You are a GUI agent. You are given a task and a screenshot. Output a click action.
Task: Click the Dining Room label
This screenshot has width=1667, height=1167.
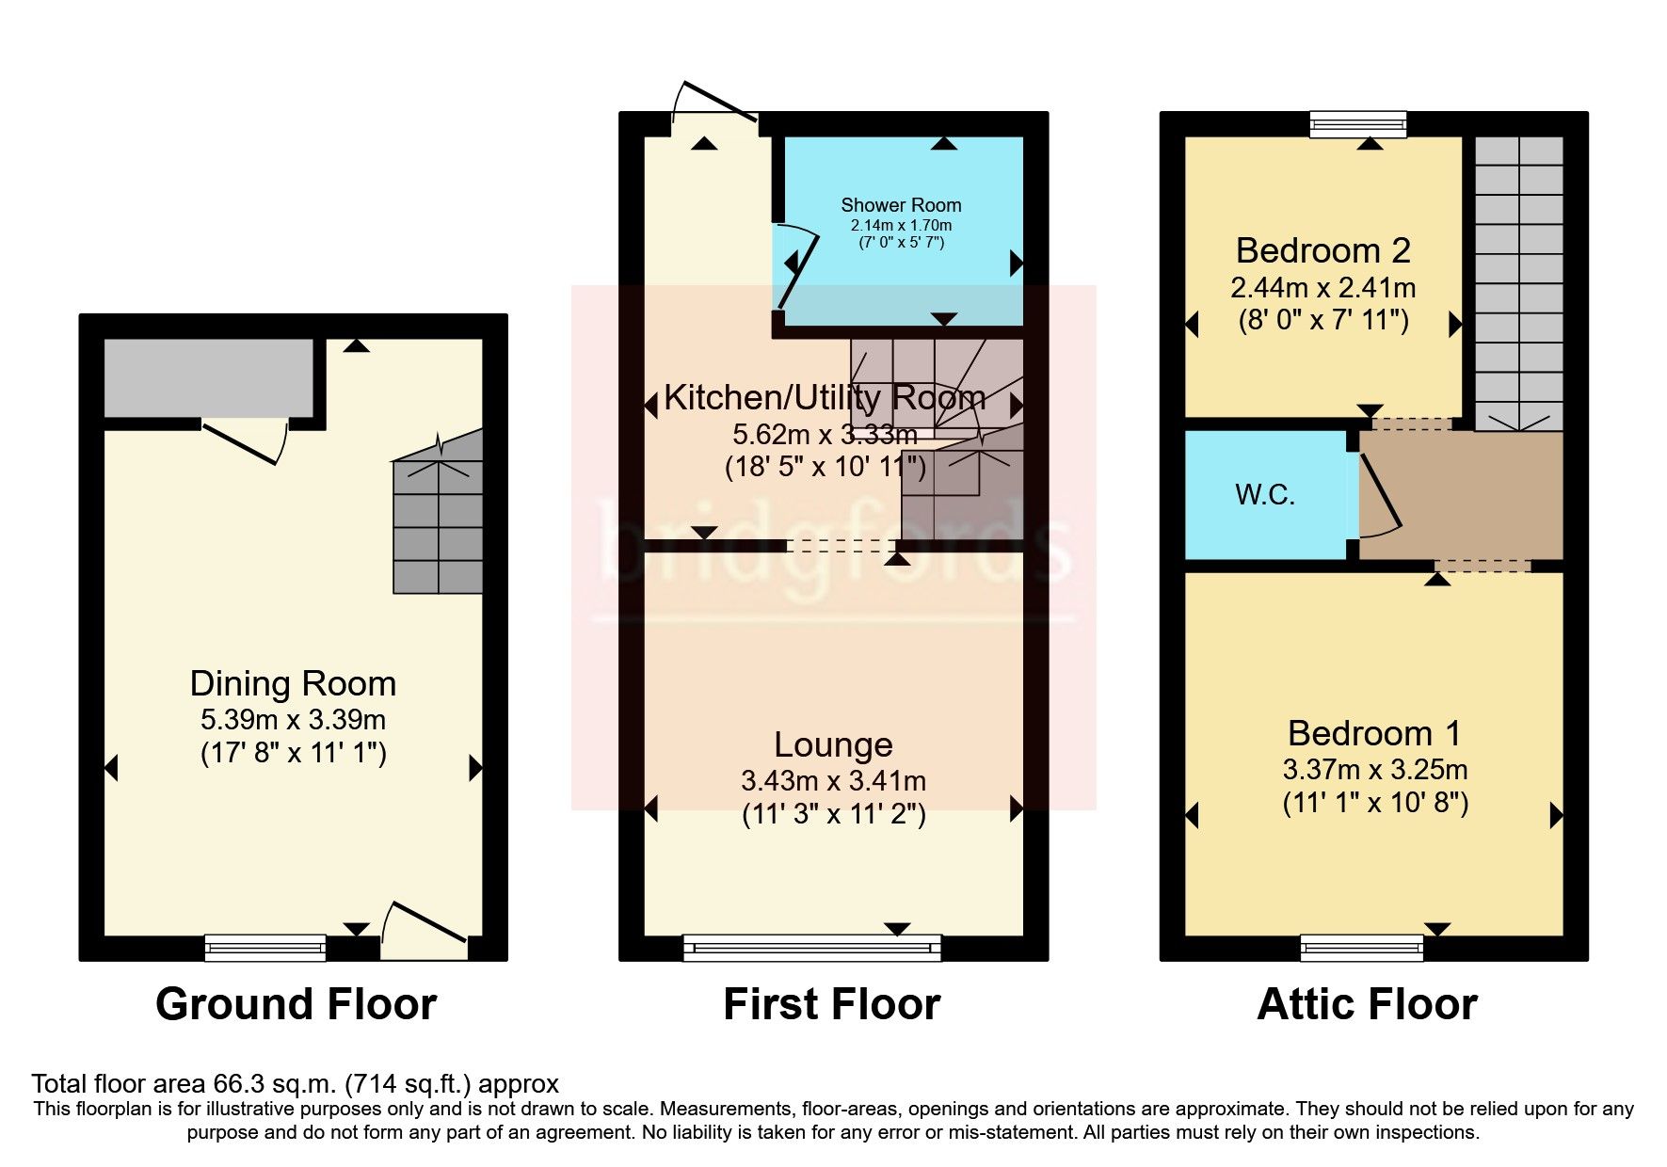coord(293,683)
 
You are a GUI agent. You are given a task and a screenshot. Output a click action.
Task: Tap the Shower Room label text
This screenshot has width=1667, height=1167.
coord(901,205)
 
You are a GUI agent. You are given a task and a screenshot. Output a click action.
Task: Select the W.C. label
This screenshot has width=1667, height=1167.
coord(1264,495)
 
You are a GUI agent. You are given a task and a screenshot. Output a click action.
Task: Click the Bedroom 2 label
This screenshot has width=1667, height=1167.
coord(1322,250)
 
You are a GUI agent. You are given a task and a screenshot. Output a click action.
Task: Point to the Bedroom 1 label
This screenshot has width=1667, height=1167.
coord(1373,733)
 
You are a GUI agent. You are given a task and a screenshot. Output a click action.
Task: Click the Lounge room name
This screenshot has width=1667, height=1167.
coord(833,744)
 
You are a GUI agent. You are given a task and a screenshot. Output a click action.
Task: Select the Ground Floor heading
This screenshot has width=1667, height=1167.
coord(296,1004)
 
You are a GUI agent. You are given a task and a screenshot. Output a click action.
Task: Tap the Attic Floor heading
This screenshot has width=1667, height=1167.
coord(1367,1004)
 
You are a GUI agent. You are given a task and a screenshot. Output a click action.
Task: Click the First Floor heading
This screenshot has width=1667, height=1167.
coord(831,1004)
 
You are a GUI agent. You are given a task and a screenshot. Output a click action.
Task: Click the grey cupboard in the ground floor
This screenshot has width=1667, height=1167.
coord(208,377)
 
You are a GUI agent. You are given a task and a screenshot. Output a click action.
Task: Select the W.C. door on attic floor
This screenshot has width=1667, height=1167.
coord(1378,499)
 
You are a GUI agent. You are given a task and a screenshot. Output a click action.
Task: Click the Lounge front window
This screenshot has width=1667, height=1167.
coord(811,948)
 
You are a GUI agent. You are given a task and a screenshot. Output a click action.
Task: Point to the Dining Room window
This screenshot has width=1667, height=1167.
coord(265,948)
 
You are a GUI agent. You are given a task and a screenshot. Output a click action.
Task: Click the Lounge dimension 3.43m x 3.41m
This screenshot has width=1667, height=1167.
coord(833,781)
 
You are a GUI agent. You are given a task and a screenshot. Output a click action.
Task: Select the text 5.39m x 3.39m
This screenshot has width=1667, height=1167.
coord(293,720)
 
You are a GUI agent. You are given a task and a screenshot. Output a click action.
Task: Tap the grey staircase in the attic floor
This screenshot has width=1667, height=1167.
coord(1518,282)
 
